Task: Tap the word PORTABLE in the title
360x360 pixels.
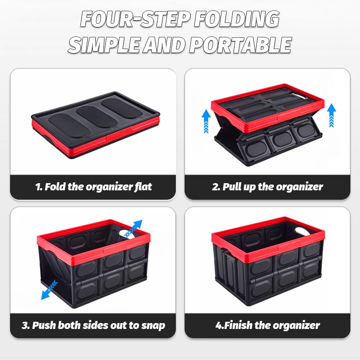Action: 240,45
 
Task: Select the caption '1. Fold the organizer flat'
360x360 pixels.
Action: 94,187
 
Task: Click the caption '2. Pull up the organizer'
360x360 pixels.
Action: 267,187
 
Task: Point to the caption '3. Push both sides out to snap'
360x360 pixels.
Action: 94,325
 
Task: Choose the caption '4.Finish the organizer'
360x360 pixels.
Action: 267,325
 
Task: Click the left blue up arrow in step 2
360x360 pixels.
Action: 206,121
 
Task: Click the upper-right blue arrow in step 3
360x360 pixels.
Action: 134,228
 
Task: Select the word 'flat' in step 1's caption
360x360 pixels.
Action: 141,187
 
